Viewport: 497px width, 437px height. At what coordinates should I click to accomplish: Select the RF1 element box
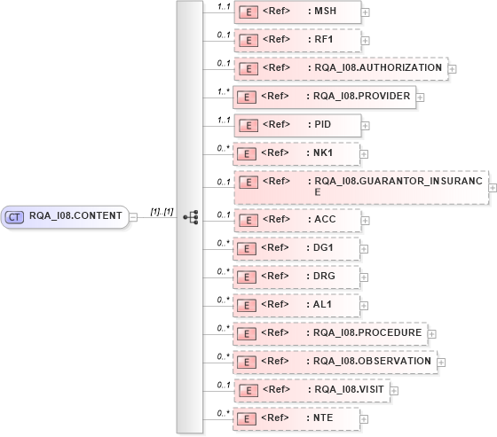point(296,40)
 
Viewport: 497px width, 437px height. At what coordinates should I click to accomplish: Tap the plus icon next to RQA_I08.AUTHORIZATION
point(453,67)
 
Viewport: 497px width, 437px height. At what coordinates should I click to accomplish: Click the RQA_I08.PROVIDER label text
point(361,96)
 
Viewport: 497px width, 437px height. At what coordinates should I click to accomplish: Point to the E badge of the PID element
point(250,124)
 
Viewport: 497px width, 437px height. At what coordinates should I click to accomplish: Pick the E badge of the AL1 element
point(250,305)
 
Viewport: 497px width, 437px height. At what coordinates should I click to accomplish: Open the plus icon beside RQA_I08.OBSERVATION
point(441,362)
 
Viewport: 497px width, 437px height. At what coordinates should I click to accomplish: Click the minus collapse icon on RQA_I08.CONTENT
point(132,215)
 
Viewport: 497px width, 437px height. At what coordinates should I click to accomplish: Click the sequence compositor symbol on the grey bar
point(189,215)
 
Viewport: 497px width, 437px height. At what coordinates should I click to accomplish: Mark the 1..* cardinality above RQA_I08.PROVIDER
point(225,90)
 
